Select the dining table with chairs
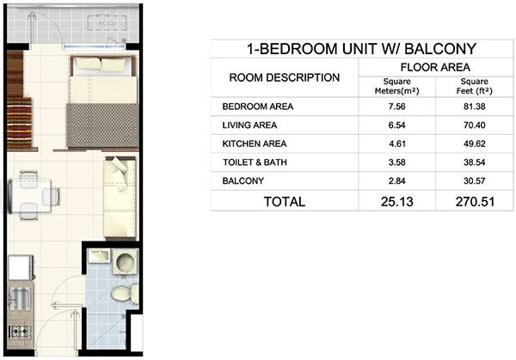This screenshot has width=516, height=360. pyautogui.click(x=35, y=194)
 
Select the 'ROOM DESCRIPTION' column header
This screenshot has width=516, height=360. pyautogui.click(x=285, y=78)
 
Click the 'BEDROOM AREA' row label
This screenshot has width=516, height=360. pyautogui.click(x=258, y=107)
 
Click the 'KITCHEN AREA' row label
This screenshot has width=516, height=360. pyautogui.click(x=255, y=144)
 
